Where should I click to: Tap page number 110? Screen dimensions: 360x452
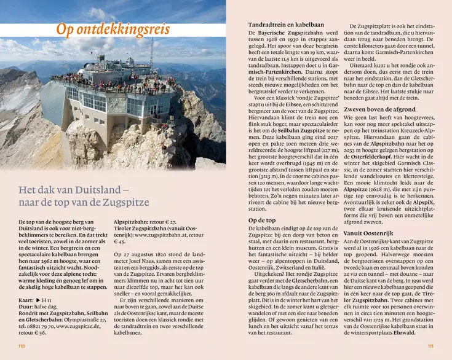(22, 346)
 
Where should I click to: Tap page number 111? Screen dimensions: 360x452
(430, 346)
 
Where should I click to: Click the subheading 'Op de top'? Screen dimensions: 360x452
(262, 220)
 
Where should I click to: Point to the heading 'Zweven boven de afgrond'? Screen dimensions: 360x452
(381, 109)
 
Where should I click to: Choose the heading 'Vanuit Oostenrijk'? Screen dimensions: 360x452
(370, 233)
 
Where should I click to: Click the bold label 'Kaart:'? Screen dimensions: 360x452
(28, 299)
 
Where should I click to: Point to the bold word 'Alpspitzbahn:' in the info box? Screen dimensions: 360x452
(132, 222)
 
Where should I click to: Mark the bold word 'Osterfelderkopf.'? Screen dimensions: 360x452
(381, 157)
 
